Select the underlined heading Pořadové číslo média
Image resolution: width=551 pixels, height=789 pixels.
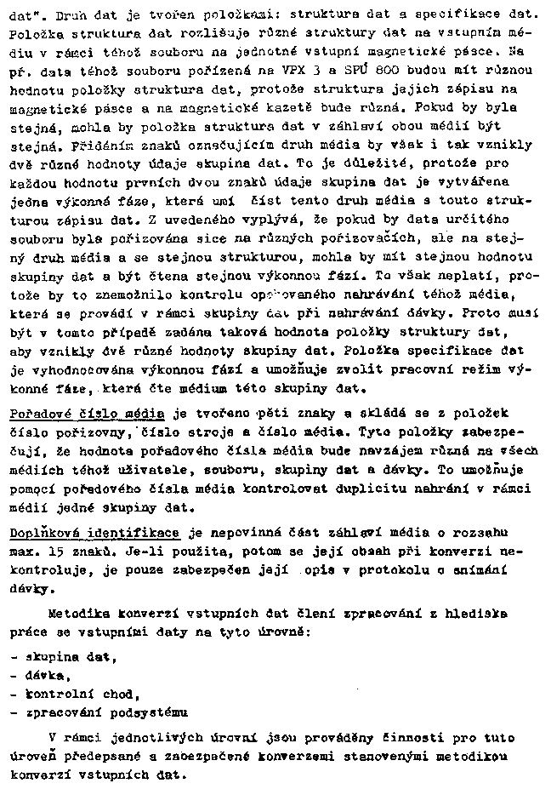pos(88,414)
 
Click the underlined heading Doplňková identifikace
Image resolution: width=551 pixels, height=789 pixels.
pos(94,533)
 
